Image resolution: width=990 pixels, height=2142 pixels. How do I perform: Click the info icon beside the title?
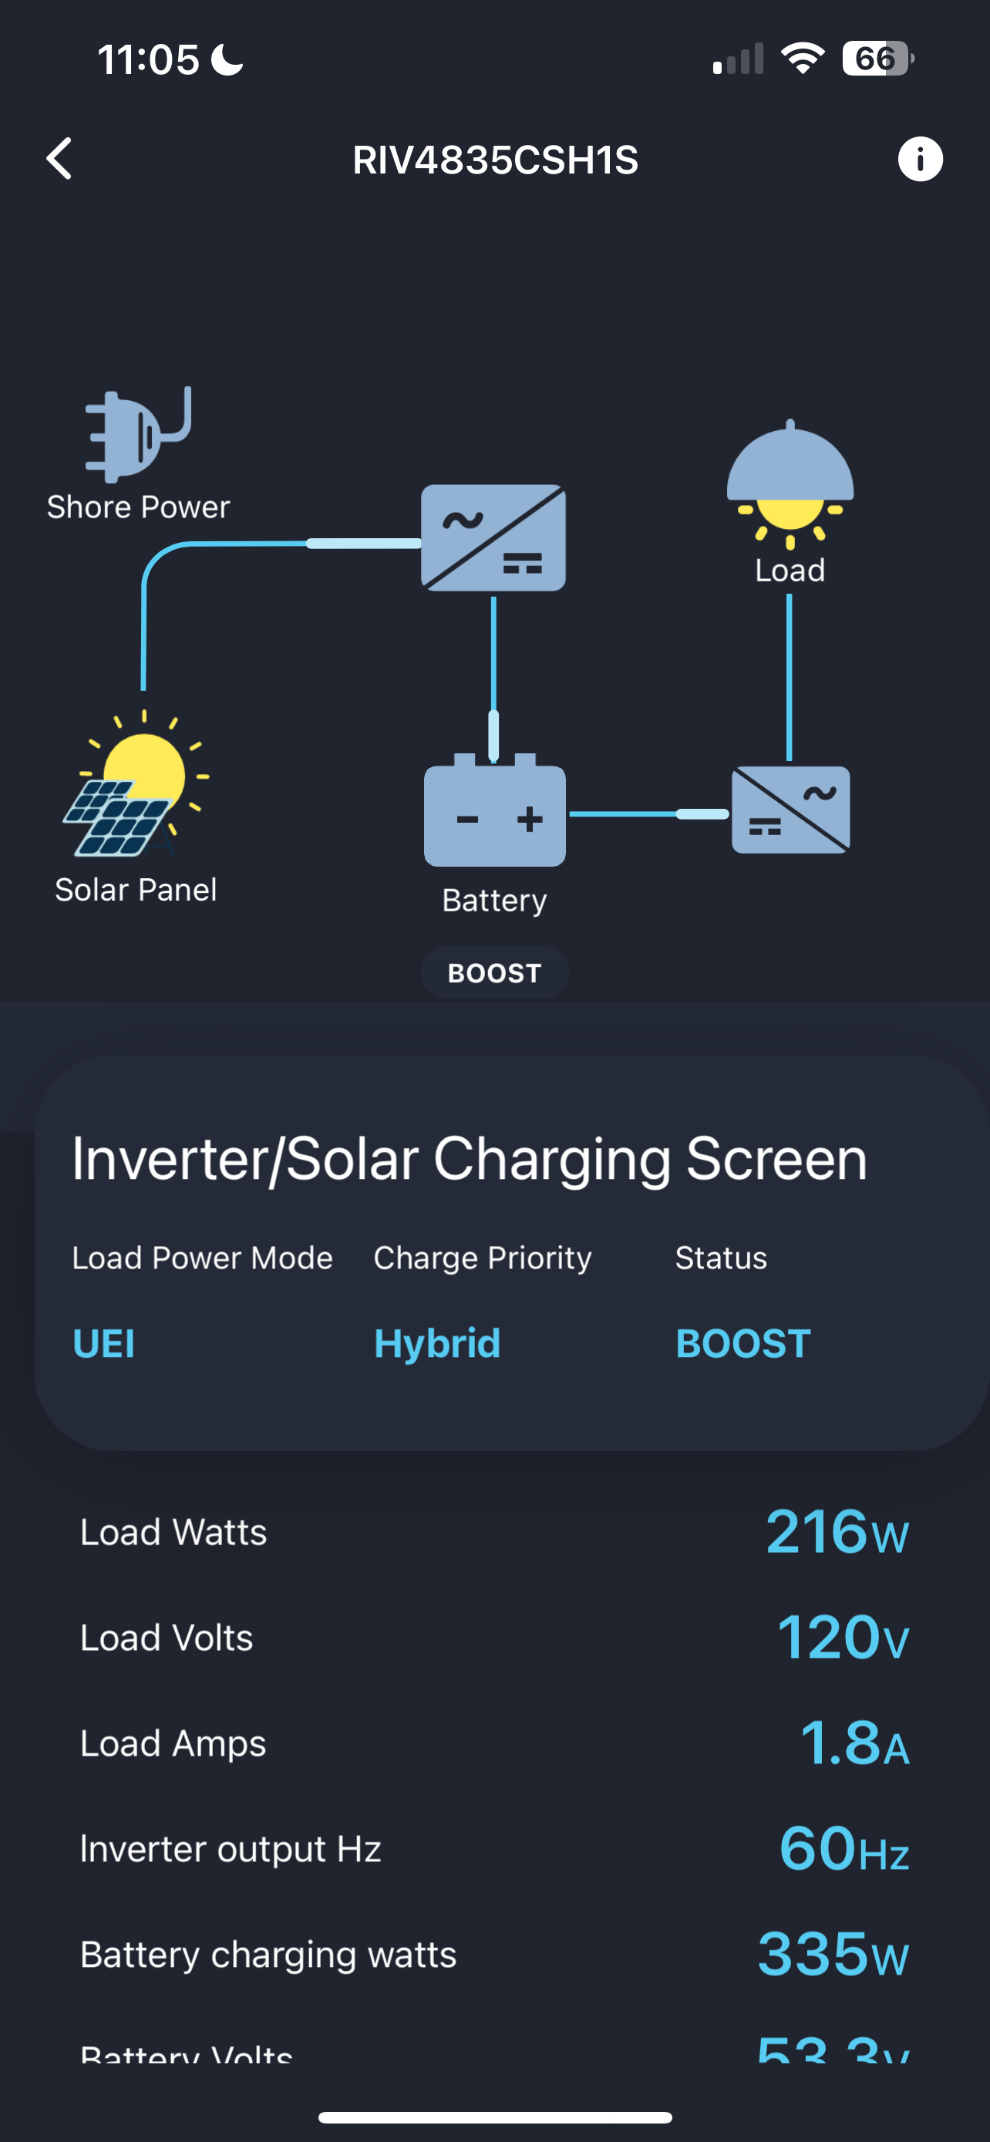click(919, 159)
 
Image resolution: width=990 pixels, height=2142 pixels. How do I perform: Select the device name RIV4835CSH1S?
click(494, 160)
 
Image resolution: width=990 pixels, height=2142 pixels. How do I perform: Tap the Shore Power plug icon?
click(137, 434)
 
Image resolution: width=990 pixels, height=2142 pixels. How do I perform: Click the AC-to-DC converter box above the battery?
click(493, 538)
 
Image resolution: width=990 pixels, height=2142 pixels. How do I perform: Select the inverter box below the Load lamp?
click(790, 810)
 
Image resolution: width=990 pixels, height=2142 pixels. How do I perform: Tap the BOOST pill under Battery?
click(494, 973)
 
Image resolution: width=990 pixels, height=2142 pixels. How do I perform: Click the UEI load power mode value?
click(104, 1344)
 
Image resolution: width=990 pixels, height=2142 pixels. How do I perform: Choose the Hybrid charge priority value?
click(437, 1344)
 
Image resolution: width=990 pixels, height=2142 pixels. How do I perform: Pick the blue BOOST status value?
click(742, 1344)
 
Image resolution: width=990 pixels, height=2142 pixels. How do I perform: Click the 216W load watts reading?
click(837, 1533)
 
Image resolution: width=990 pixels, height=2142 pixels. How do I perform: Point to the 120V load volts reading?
click(842, 1637)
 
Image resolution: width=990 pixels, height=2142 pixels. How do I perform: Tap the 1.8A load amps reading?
click(854, 1743)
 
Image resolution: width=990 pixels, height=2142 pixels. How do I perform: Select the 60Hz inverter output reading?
click(843, 1848)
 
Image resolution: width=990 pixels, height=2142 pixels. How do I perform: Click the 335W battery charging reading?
click(833, 1954)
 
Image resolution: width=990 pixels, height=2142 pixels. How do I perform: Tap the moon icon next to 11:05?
click(227, 60)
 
